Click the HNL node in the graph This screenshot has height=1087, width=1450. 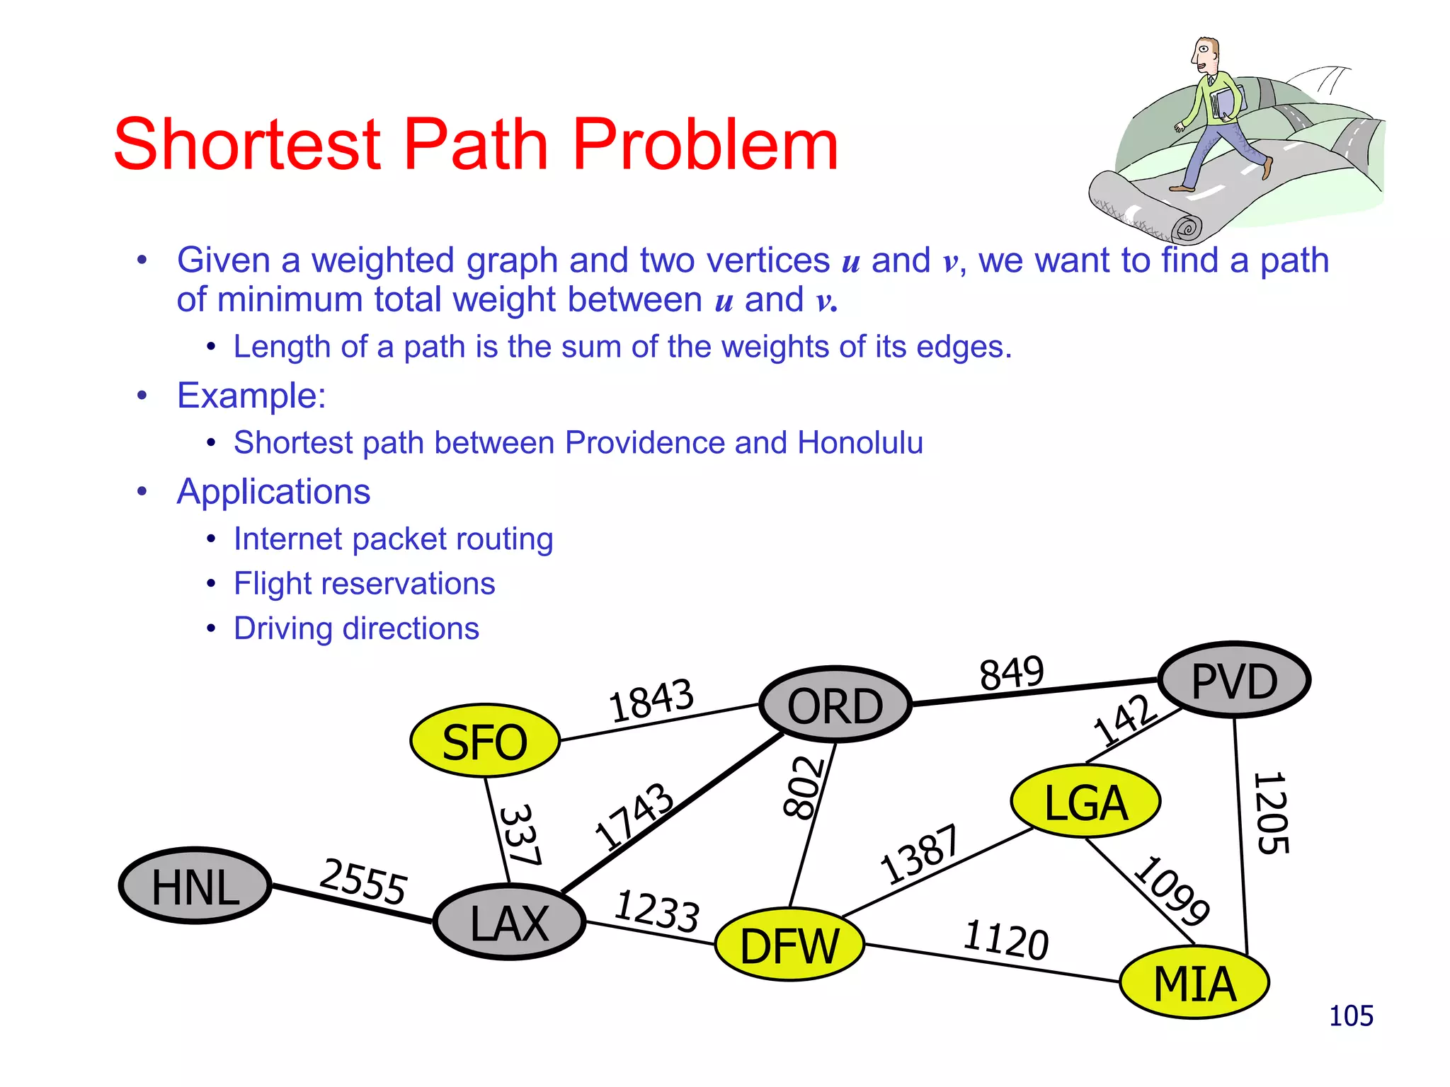tap(195, 886)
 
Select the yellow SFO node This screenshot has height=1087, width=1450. tap(485, 741)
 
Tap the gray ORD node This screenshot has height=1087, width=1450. tap(835, 705)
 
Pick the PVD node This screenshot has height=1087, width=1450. tap(1234, 680)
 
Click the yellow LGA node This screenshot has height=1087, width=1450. tap(1085, 802)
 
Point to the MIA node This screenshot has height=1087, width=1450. tap(1194, 983)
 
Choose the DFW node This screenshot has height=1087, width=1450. tap(789, 945)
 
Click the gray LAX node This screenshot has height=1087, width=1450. tap(510, 923)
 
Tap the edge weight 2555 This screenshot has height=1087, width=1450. tap(363, 882)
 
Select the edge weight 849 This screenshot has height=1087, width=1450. tap(1011, 673)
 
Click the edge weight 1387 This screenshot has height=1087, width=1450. tap(919, 855)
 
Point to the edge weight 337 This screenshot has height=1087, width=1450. tap(521, 835)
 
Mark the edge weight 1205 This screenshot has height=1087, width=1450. tap(1271, 814)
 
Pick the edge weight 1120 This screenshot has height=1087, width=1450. tap(1005, 940)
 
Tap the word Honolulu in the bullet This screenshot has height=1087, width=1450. tap(860, 443)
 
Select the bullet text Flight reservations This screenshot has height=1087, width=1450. tap(364, 584)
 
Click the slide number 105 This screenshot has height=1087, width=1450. tap(1350, 1016)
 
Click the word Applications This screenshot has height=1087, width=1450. tap(273, 492)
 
